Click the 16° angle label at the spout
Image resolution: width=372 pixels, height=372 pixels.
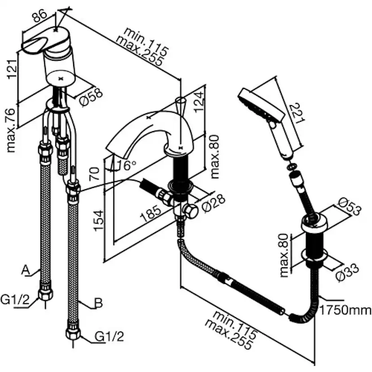point(126,165)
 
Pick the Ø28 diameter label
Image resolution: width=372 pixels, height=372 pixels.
point(214,204)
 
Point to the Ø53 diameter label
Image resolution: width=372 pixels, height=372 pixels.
point(349,208)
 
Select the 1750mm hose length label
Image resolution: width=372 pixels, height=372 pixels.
point(345,310)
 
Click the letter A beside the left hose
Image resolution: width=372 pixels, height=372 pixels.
point(26,270)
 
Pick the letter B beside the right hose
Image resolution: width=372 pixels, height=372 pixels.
point(98,304)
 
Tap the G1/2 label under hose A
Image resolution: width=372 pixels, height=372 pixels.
point(14,300)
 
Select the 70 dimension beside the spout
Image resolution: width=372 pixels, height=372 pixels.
point(94,173)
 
